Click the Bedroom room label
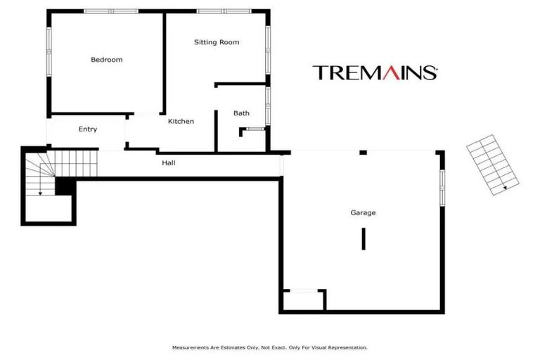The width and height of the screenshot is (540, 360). point(106,60)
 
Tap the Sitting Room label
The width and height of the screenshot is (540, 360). point(217,42)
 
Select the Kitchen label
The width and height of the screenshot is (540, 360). point(181,122)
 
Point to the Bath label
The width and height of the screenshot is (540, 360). point(241,113)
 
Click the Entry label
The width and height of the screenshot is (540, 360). point(88,129)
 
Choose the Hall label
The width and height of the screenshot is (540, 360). point(169,163)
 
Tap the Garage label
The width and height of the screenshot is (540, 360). point(364,212)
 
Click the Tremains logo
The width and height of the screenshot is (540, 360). point(375,72)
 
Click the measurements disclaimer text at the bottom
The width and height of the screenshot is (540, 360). point(270,347)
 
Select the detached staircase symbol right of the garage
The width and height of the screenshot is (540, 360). point(493,165)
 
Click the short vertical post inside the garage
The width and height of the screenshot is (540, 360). point(364,238)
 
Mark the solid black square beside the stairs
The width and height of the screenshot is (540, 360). point(65,186)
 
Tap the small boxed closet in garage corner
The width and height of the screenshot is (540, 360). point(304,300)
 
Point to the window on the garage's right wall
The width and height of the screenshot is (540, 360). point(442,188)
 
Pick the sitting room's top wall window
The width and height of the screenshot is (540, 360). point(223,11)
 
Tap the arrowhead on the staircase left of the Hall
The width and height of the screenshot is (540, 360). point(41,192)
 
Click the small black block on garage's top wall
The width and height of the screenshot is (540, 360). point(363,153)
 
